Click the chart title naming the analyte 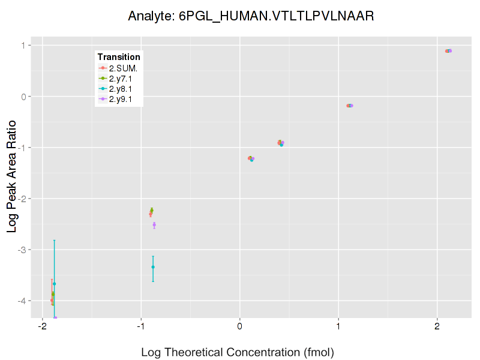tap(251, 16)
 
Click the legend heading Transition tap(119, 57)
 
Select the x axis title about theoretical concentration tap(238, 352)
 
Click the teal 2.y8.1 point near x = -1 tap(153, 267)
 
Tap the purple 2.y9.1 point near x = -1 tap(154, 225)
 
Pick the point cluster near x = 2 tap(448, 51)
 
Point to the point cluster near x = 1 tap(350, 106)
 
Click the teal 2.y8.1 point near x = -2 tap(54, 284)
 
